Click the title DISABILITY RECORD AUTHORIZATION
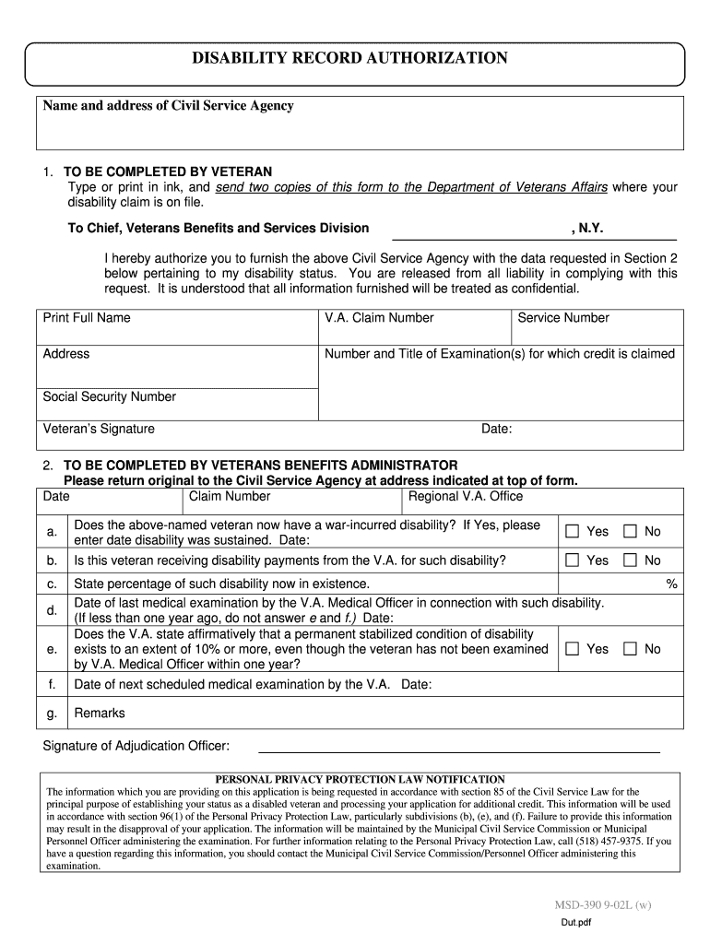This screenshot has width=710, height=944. pyautogui.click(x=349, y=59)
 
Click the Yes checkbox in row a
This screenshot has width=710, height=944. pyautogui.click(x=572, y=531)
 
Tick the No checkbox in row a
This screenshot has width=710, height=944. pyautogui.click(x=631, y=531)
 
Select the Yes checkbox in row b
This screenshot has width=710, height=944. pyautogui.click(x=572, y=560)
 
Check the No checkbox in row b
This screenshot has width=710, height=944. pyautogui.click(x=631, y=560)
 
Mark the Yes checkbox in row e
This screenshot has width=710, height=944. pyautogui.click(x=572, y=649)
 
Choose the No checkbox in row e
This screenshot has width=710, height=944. pyautogui.click(x=631, y=649)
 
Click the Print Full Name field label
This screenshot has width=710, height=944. pyautogui.click(x=87, y=318)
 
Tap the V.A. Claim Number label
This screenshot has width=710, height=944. pyautogui.click(x=379, y=318)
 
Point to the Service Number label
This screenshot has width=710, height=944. pyautogui.click(x=563, y=318)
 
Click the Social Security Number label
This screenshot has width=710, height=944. pyautogui.click(x=109, y=397)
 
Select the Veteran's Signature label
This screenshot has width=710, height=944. pyautogui.click(x=99, y=429)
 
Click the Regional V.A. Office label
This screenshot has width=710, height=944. pyautogui.click(x=466, y=497)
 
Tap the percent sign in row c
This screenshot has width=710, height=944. pyautogui.click(x=672, y=584)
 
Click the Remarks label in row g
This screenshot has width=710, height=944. pyautogui.click(x=100, y=713)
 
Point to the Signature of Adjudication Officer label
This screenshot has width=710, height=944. pyautogui.click(x=136, y=746)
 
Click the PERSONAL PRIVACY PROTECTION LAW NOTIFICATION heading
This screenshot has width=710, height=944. pyautogui.click(x=360, y=779)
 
